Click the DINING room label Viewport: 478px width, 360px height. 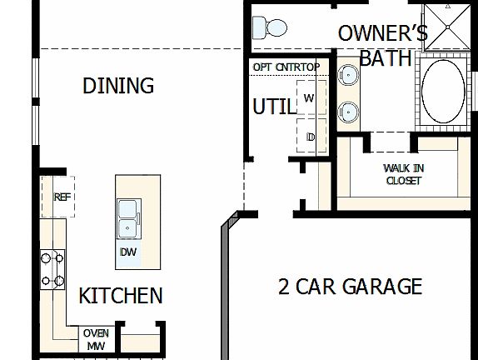[119, 85]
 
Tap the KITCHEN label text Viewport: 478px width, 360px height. [120, 295]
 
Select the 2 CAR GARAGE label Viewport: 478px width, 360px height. [350, 287]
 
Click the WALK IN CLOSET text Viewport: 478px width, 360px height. [404, 173]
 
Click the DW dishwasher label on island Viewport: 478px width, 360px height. [127, 252]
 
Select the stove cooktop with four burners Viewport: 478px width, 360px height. [52, 269]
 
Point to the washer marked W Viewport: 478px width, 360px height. [309, 97]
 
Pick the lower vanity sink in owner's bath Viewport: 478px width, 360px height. [348, 110]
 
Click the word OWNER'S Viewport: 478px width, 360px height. [382, 33]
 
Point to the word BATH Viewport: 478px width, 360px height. [386, 58]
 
